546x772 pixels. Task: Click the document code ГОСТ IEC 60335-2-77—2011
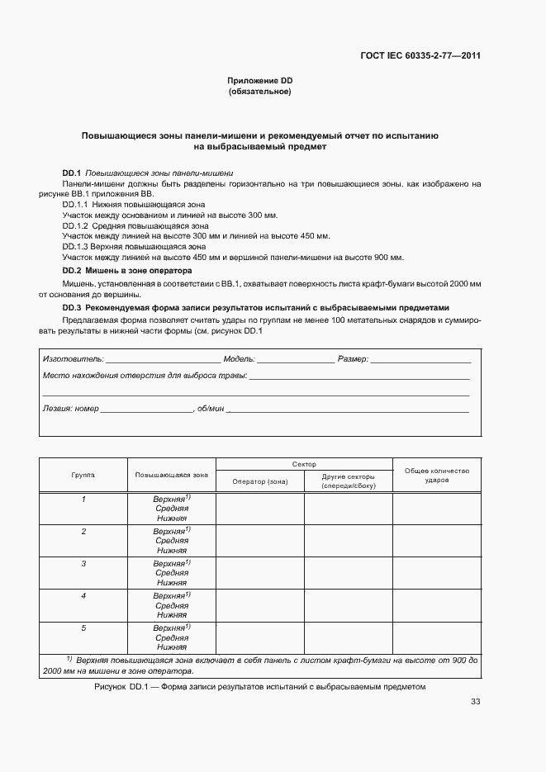point(420,56)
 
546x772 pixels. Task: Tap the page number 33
point(475,702)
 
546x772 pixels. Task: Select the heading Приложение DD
point(260,80)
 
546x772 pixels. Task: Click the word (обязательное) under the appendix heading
point(260,91)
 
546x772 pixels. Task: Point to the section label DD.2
point(72,270)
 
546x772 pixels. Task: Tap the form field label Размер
point(353,360)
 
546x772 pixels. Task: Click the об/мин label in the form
point(208,409)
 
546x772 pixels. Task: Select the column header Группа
point(83,475)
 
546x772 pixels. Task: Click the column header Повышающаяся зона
point(172,475)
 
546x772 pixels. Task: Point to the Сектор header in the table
point(304,464)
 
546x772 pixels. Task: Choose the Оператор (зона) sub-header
point(259,481)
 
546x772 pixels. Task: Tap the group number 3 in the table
point(83,563)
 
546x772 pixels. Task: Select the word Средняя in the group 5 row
point(172,637)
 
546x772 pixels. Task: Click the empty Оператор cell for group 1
point(259,509)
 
